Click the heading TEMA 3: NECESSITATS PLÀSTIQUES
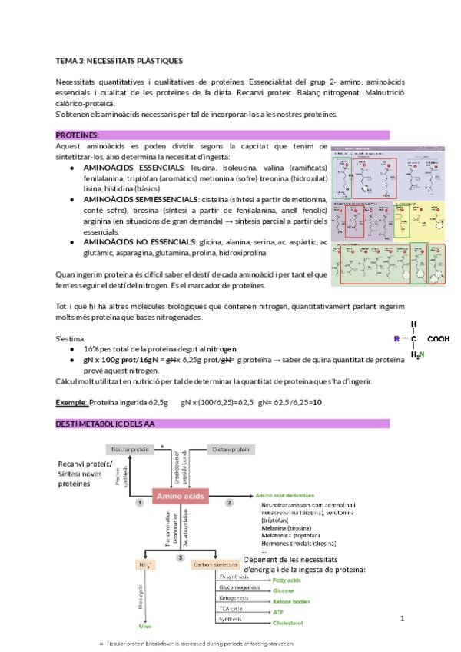coord(119,60)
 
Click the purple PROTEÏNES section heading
coord(78,135)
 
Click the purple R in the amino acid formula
coord(396,338)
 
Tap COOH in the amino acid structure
coord(438,338)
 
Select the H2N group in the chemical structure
coord(416,354)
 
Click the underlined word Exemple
coord(71,402)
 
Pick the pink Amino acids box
coord(181,498)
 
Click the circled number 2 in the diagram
coord(229,502)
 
